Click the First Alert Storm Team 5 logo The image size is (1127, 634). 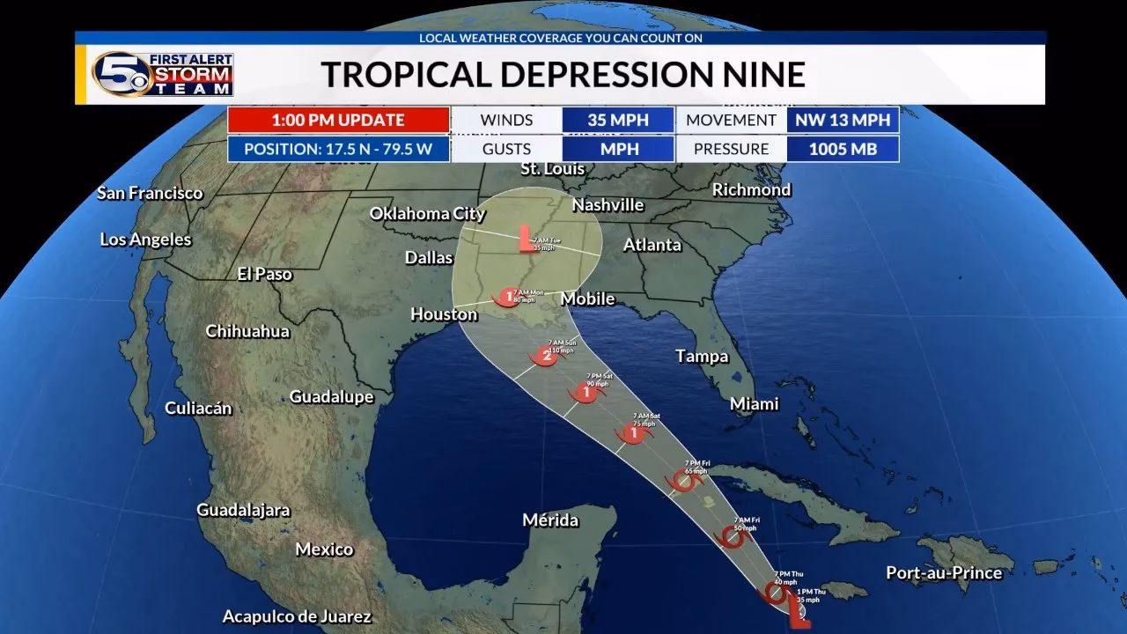163,74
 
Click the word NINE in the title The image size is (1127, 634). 759,75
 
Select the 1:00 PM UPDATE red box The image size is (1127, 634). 338,120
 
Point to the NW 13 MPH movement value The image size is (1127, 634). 843,120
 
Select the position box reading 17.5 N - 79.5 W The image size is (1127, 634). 338,149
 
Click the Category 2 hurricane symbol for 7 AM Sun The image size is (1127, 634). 544,356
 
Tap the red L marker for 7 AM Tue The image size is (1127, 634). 525,238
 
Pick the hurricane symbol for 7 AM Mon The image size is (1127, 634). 507,296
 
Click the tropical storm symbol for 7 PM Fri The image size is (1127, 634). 684,481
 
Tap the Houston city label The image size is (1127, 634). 444,314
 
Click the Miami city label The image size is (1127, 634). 754,403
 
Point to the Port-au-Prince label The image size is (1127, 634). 944,572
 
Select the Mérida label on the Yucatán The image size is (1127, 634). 550,520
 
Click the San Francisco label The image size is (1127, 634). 150,193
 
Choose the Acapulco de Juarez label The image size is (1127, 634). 297,616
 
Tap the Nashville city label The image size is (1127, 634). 608,205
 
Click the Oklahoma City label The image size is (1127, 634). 427,213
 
